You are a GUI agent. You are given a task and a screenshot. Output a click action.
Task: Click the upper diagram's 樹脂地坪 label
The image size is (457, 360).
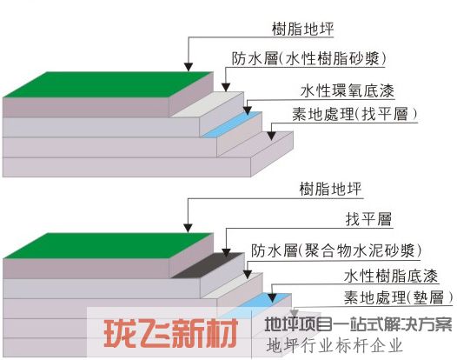pyautogui.click(x=302, y=29)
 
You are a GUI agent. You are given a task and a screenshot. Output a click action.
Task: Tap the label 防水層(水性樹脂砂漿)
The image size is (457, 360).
pyautogui.click(x=309, y=58)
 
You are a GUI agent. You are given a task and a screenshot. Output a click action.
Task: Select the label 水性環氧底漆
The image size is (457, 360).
pyautogui.click(x=348, y=90)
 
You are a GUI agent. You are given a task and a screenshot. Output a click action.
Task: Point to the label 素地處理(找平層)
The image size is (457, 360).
pyautogui.click(x=354, y=114)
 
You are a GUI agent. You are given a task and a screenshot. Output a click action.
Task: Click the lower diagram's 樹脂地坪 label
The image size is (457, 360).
pyautogui.click(x=330, y=189)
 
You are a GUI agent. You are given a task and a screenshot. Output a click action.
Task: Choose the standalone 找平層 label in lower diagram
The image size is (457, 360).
pyautogui.click(x=368, y=219)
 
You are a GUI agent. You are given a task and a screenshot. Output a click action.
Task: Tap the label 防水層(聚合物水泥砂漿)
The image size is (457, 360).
pyautogui.click(x=336, y=250)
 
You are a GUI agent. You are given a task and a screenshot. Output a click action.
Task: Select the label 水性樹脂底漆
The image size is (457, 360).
pyautogui.click(x=391, y=276)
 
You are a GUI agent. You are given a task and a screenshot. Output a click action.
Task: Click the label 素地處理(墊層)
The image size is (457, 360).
pyautogui.click(x=399, y=297)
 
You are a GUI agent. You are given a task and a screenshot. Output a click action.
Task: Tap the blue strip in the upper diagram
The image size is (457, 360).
pyautogui.click(x=232, y=124)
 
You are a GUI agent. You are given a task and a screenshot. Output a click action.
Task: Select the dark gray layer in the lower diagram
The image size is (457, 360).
pyautogui.click(x=208, y=265)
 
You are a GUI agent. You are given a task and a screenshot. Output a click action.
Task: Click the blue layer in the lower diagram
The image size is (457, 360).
pyautogui.click(x=264, y=301)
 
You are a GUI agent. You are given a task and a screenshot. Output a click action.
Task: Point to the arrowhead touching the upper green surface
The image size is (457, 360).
pyautogui.click(x=189, y=67)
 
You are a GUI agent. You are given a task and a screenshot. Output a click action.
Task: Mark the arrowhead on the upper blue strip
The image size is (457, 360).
pyautogui.click(x=248, y=110)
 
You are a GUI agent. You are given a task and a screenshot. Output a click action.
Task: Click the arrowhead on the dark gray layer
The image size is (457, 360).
pyautogui.click(x=226, y=253)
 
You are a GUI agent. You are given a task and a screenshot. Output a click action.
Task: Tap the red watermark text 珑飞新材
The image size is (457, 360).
pyautogui.click(x=171, y=333)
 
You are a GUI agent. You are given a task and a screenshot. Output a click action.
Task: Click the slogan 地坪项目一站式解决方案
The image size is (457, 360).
pyautogui.click(x=358, y=324)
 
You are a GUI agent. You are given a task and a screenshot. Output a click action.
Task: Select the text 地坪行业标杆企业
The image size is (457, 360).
pyautogui.click(x=334, y=346)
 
